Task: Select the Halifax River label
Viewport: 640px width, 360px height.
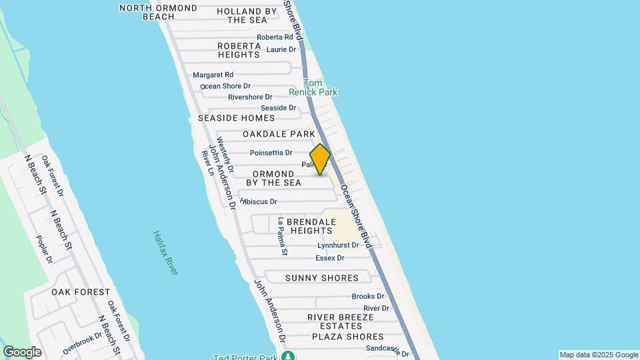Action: pyautogui.click(x=165, y=253)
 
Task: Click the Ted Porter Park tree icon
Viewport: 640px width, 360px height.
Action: pyautogui.click(x=288, y=357)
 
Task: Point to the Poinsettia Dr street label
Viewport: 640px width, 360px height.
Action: pyautogui.click(x=271, y=153)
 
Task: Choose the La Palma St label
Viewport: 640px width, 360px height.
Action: pyautogui.click(x=283, y=237)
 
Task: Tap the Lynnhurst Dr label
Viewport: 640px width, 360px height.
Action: pyautogui.click(x=338, y=245)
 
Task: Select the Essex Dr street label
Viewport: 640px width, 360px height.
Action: pyautogui.click(x=330, y=258)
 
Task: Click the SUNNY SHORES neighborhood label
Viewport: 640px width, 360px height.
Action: pyautogui.click(x=322, y=278)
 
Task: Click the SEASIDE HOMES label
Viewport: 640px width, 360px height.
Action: pyautogui.click(x=237, y=118)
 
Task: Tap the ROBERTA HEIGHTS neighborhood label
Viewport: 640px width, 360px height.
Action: pyautogui.click(x=238, y=50)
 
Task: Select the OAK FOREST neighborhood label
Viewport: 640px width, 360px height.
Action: pyautogui.click(x=81, y=292)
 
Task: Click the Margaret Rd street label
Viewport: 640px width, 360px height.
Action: pyautogui.click(x=213, y=75)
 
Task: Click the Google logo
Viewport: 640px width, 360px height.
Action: pyautogui.click(x=22, y=351)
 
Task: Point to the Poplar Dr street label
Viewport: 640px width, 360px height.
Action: pyautogui.click(x=45, y=249)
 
